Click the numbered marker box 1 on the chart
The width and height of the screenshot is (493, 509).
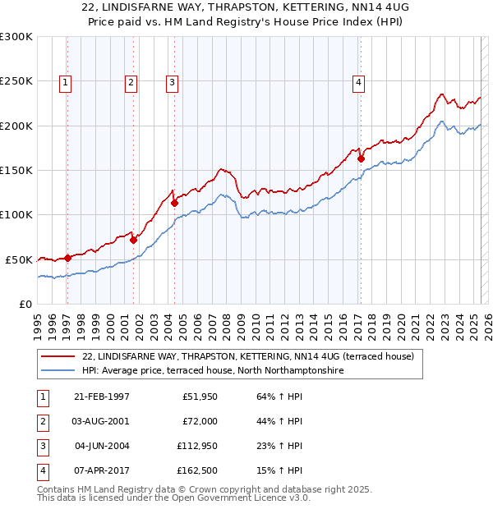click(x=65, y=81)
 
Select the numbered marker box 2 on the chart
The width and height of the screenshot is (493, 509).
click(x=131, y=81)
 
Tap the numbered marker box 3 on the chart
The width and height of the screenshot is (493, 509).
click(x=172, y=81)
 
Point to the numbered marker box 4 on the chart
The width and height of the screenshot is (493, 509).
click(x=359, y=81)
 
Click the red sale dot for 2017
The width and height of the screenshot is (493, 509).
click(x=361, y=158)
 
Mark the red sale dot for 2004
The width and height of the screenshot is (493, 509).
click(x=174, y=203)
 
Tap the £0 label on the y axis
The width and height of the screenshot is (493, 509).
click(x=25, y=304)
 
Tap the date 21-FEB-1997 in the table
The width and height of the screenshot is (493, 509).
click(x=101, y=397)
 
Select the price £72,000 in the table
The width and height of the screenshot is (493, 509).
click(x=199, y=421)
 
